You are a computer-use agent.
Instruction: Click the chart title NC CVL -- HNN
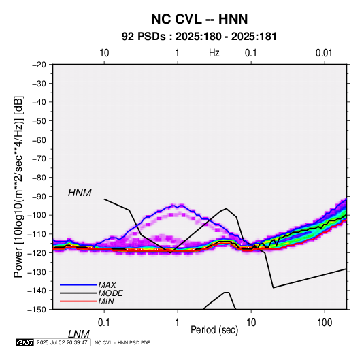[199, 19]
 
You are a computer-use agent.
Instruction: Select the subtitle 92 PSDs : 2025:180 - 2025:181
[199, 37]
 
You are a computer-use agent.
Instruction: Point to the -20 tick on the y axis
[39, 65]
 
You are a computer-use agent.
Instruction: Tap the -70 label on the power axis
[39, 159]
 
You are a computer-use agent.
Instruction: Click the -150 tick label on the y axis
[37, 310]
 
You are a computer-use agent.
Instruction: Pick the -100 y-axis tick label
[37, 215]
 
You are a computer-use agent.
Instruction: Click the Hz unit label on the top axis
[214, 53]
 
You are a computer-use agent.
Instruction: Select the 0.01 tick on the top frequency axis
[324, 53]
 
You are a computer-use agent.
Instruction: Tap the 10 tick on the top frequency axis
[104, 53]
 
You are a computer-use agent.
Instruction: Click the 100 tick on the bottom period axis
[325, 323]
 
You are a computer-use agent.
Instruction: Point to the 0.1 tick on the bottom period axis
[103, 323]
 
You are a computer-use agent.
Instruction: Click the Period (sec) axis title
[214, 330]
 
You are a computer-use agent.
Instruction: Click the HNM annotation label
[80, 193]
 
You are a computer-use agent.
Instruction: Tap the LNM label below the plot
[78, 334]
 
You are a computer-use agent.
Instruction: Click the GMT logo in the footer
[25, 342]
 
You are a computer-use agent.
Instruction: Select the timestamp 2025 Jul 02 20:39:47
[62, 342]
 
